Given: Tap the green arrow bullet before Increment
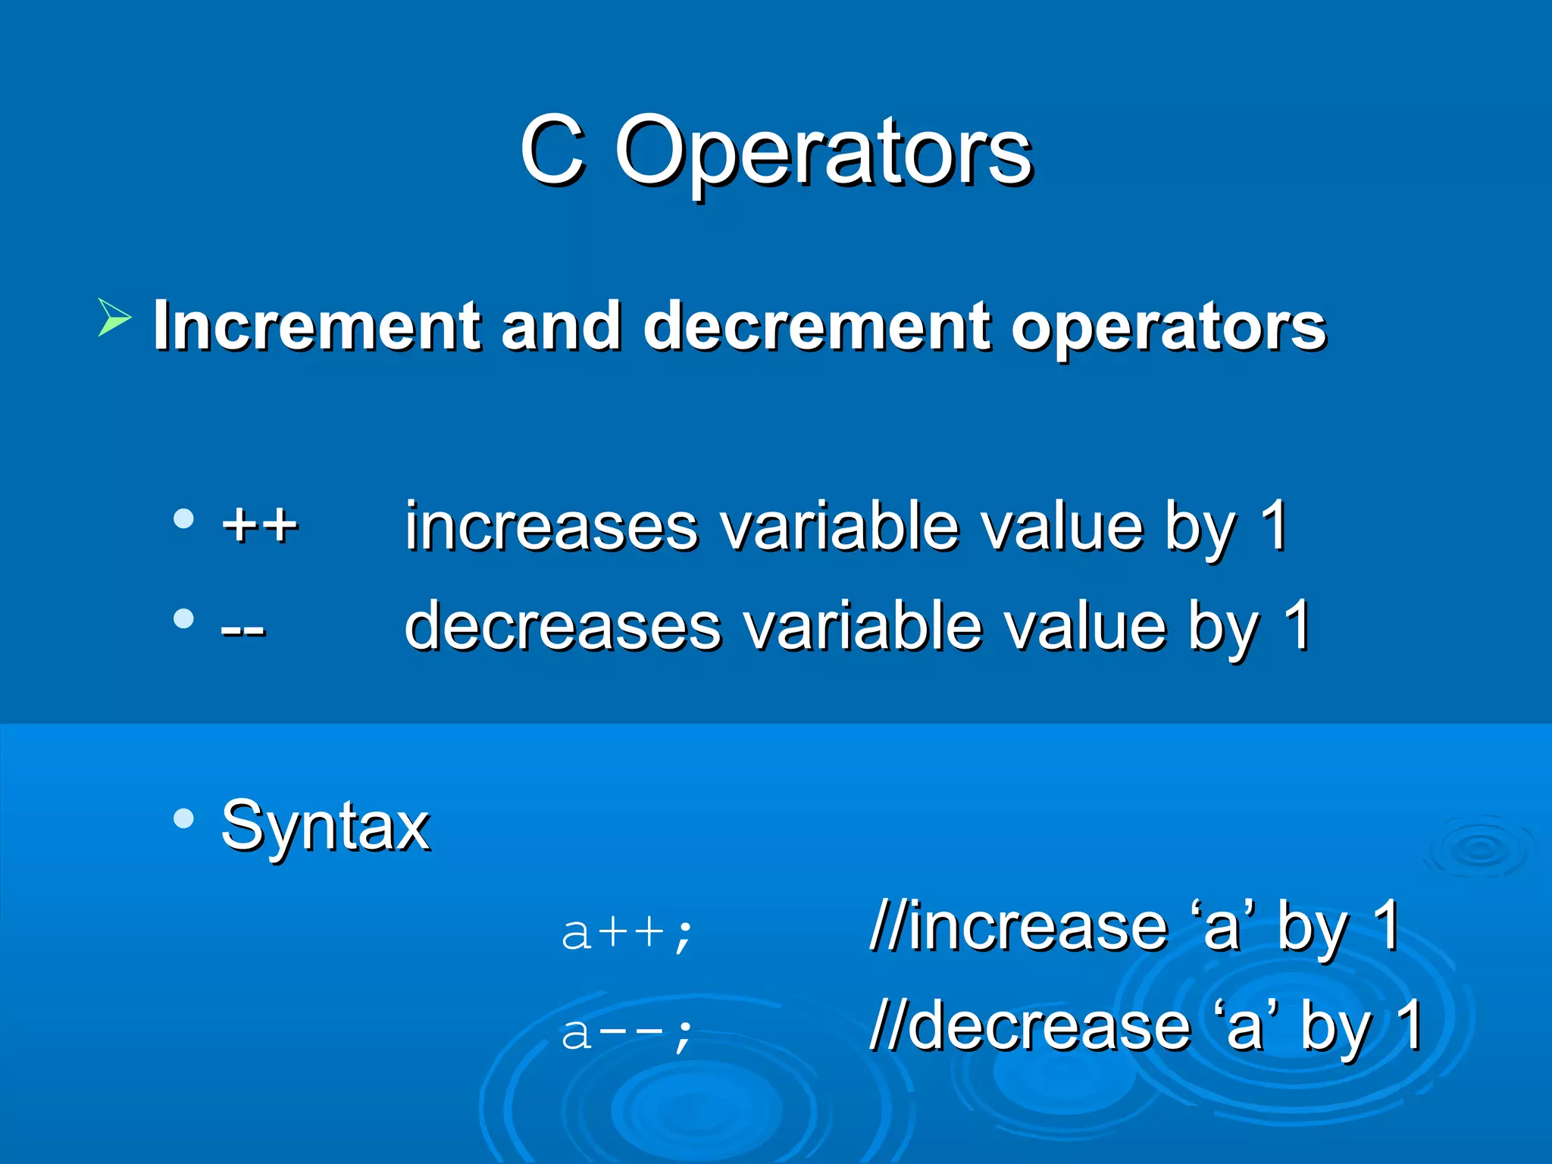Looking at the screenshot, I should pyautogui.click(x=114, y=318).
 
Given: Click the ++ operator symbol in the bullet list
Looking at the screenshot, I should pyautogui.click(x=260, y=524).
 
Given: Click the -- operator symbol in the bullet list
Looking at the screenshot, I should pyautogui.click(x=242, y=628).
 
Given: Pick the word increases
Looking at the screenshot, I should pyautogui.click(x=551, y=526).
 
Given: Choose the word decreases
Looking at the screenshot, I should pyautogui.click(x=563, y=626).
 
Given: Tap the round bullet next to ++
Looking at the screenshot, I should pyautogui.click(x=183, y=520).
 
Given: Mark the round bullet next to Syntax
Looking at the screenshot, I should pyautogui.click(x=183, y=819).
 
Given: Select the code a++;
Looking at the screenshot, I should pyautogui.click(x=627, y=932).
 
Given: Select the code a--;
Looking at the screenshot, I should pyautogui.click(x=627, y=1032).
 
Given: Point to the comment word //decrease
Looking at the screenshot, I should pyautogui.click(x=1031, y=1026).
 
